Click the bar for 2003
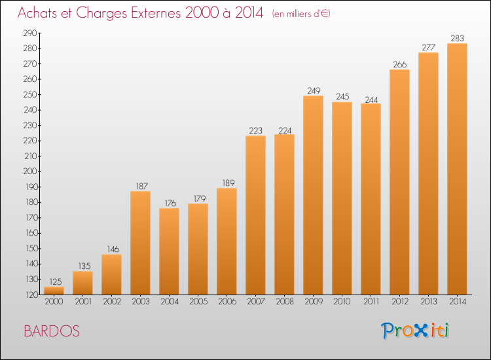(x=140, y=243)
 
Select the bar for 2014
(x=457, y=169)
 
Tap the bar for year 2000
(x=54, y=291)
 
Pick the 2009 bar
(x=313, y=195)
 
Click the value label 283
(x=457, y=38)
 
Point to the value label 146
(x=113, y=249)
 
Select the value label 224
(x=285, y=130)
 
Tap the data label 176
(x=171, y=203)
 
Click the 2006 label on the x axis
(x=227, y=302)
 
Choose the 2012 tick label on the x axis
(x=400, y=302)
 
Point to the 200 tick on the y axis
(x=30, y=171)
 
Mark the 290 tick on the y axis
(x=30, y=33)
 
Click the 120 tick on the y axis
(x=31, y=295)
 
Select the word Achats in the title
(x=37, y=12)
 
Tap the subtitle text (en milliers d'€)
(x=301, y=14)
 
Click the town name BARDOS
(x=52, y=331)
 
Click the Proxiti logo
(x=415, y=331)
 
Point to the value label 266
(x=399, y=65)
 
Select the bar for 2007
(x=255, y=215)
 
